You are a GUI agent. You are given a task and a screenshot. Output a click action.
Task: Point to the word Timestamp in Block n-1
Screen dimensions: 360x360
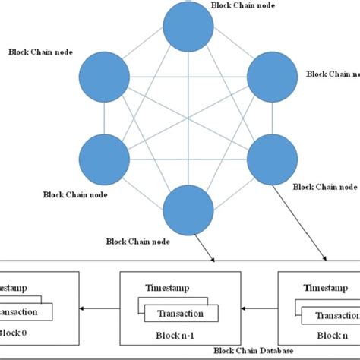tap(167, 289)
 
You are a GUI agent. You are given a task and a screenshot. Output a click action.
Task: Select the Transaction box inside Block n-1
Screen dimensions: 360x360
tap(181, 314)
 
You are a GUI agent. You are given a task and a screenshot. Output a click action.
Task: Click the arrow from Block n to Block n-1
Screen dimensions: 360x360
tap(258, 309)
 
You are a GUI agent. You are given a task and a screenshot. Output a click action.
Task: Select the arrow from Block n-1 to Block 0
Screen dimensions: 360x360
tap(99, 309)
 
